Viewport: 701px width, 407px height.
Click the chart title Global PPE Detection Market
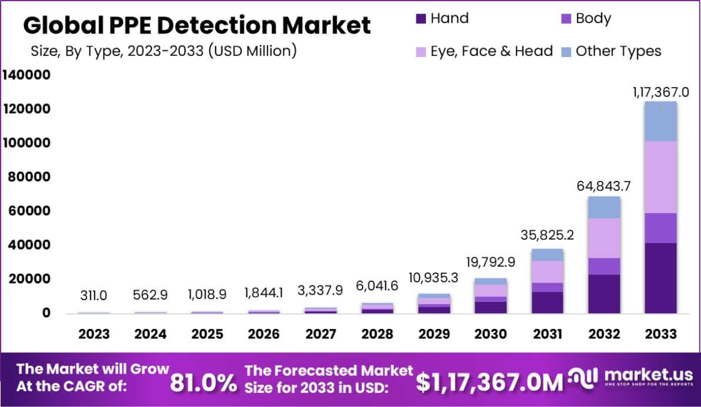[197, 25]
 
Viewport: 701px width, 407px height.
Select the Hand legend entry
[442, 18]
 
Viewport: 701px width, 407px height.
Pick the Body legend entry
[586, 18]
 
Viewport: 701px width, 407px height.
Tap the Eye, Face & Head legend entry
[485, 51]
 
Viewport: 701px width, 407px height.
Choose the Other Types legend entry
[611, 51]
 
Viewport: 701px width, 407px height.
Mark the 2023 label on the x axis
[94, 334]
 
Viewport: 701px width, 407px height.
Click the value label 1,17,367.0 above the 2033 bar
[660, 92]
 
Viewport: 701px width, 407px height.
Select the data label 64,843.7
[604, 187]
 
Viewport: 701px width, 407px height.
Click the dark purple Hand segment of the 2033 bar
[660, 278]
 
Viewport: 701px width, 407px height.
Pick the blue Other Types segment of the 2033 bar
[660, 122]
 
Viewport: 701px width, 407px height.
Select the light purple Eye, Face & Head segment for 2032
[604, 238]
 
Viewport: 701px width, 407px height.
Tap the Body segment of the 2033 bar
[660, 228]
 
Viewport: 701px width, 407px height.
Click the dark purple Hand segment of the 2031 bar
[548, 302]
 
